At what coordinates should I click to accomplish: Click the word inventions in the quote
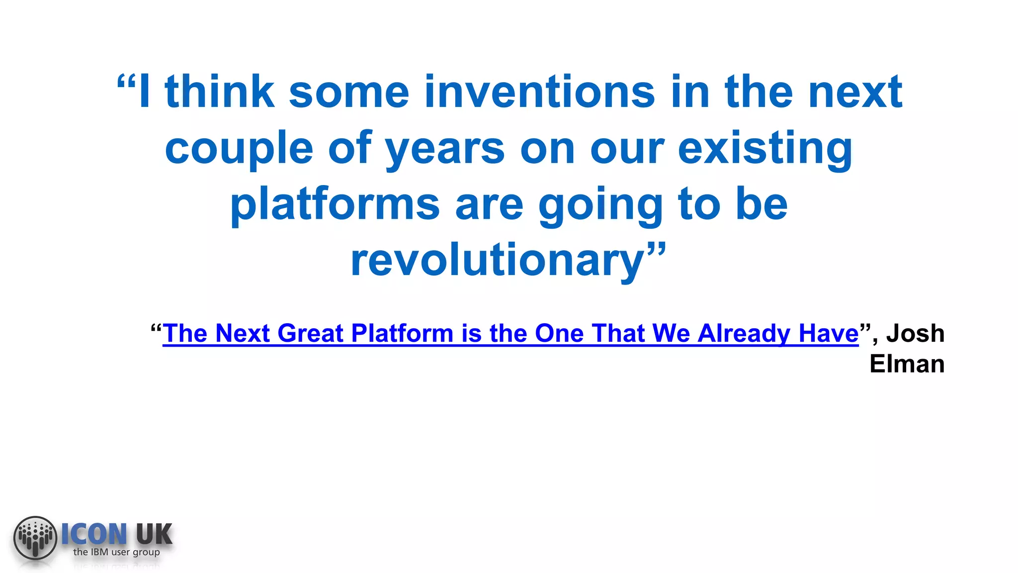click(x=539, y=92)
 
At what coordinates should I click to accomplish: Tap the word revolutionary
click(x=498, y=261)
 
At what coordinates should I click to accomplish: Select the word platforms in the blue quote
click(x=335, y=204)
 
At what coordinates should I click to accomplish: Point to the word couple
click(x=239, y=148)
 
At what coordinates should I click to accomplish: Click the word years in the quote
click(x=445, y=148)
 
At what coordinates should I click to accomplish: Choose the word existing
click(x=765, y=148)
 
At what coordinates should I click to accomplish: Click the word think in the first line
click(x=219, y=92)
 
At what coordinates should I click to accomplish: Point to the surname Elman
click(x=907, y=364)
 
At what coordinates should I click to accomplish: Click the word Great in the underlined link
click(x=310, y=333)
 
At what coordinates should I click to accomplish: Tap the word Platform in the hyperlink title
click(x=402, y=333)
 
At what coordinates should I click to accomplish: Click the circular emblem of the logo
click(x=35, y=537)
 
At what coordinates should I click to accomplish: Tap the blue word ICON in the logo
click(x=94, y=534)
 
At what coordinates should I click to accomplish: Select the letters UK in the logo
click(x=154, y=534)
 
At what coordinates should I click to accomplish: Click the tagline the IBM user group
click(x=116, y=552)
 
